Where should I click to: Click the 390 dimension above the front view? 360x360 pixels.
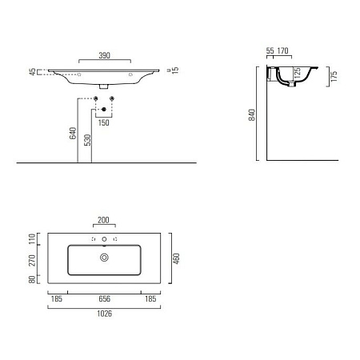pyautogui.click(x=103, y=56)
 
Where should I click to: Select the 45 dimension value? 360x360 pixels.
pyautogui.click(x=33, y=73)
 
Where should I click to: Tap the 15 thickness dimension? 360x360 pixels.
pyautogui.click(x=174, y=71)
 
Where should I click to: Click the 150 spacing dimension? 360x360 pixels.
pyautogui.click(x=104, y=124)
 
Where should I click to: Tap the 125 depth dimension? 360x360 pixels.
pyautogui.click(x=297, y=74)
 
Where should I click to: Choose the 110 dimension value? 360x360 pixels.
pyautogui.click(x=33, y=239)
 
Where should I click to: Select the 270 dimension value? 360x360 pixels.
pyautogui.click(x=33, y=260)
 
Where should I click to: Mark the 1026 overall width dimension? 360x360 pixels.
pyautogui.click(x=103, y=314)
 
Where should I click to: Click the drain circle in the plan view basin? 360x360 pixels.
pyautogui.click(x=103, y=258)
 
